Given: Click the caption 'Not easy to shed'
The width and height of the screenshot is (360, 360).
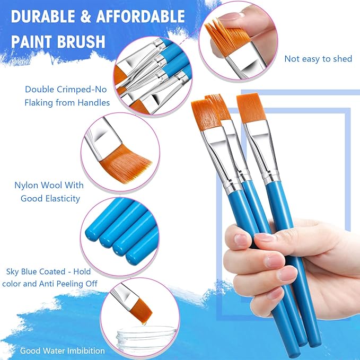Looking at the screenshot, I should [x=318, y=59].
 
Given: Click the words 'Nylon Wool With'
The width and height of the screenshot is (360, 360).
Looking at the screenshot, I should [x=49, y=186].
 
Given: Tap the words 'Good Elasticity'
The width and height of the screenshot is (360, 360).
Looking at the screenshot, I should [x=50, y=198].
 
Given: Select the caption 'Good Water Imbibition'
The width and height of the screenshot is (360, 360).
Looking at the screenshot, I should [x=63, y=350].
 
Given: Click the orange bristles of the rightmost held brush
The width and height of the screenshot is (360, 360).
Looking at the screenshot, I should [x=250, y=108].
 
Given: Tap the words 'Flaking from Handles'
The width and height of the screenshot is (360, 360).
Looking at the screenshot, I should [x=67, y=102].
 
